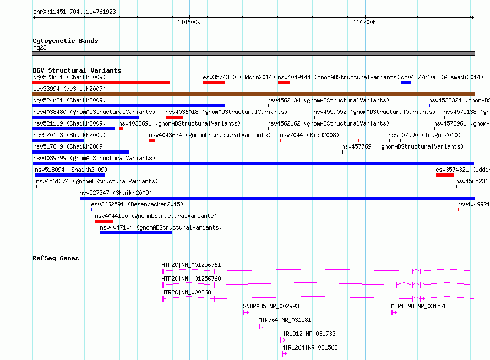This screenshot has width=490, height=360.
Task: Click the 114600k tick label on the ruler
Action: (189, 22)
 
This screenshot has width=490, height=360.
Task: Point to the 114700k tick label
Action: (364, 22)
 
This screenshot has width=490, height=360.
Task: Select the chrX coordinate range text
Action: (74, 12)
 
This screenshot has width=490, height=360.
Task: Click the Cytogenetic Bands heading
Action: (66, 41)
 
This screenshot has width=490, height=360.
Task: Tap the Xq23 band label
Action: (40, 47)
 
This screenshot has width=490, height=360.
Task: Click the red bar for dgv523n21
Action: (101, 83)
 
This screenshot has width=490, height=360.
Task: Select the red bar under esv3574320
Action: (214, 83)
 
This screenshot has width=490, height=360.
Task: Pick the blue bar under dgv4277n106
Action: (406, 83)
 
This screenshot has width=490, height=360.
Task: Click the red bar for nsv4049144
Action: (284, 83)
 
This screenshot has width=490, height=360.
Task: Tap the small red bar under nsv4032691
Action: (121, 129)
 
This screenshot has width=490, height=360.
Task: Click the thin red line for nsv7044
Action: (319, 140)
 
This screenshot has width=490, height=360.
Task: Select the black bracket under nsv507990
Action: (395, 140)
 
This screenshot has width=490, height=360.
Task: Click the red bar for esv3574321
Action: (445, 175)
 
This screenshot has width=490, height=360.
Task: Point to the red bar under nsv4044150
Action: (104, 221)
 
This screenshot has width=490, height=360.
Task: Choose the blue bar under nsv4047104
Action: (136, 233)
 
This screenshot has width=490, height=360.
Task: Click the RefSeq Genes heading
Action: (56, 258)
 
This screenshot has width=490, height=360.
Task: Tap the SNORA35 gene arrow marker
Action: (246, 313)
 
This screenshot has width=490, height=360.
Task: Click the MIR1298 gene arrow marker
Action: (394, 313)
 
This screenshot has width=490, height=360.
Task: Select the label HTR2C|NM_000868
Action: (186, 292)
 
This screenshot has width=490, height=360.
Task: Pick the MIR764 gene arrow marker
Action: (262, 326)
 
